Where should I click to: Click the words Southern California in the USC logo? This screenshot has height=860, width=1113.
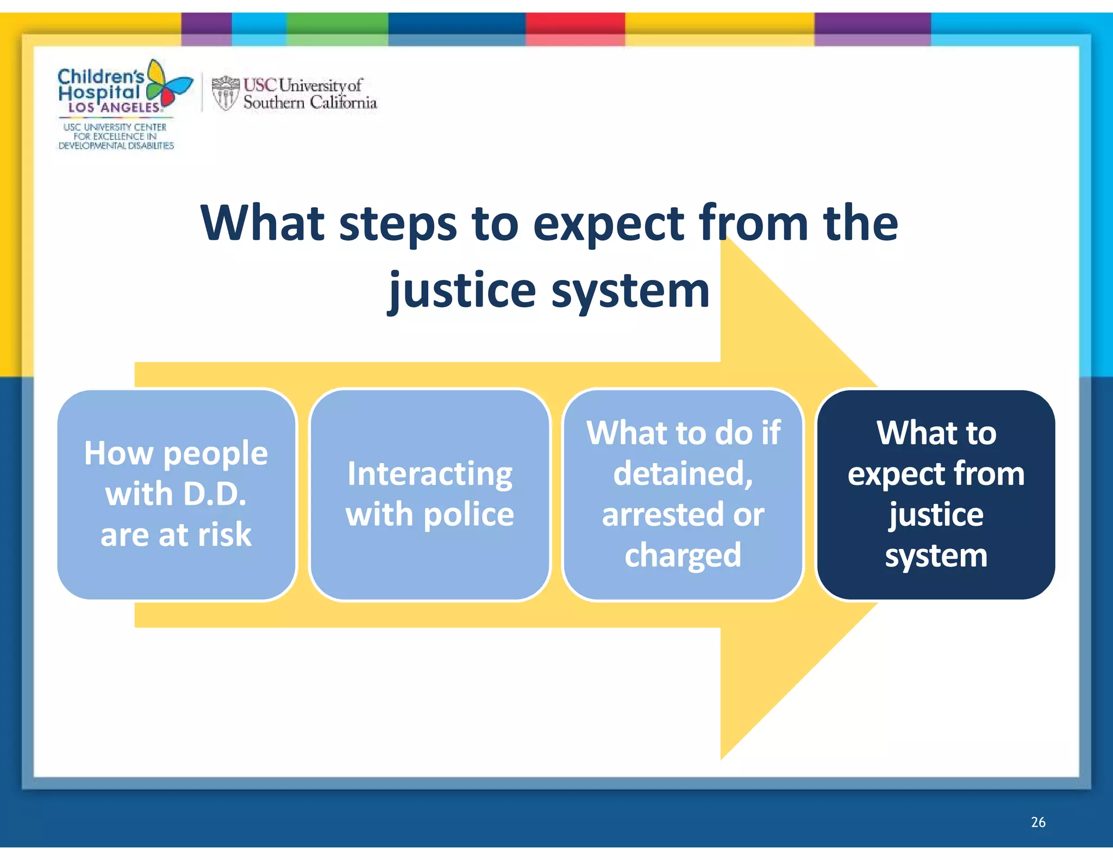tap(310, 102)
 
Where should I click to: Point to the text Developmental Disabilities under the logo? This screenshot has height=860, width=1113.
tap(116, 146)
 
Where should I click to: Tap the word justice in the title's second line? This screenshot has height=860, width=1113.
tap(462, 291)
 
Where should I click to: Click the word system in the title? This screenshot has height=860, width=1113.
tap(630, 291)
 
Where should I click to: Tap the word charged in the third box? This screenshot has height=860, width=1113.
tap(683, 555)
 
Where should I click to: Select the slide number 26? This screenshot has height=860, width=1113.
tap(1038, 822)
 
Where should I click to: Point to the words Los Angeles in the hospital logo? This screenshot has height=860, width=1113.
tap(114, 108)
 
